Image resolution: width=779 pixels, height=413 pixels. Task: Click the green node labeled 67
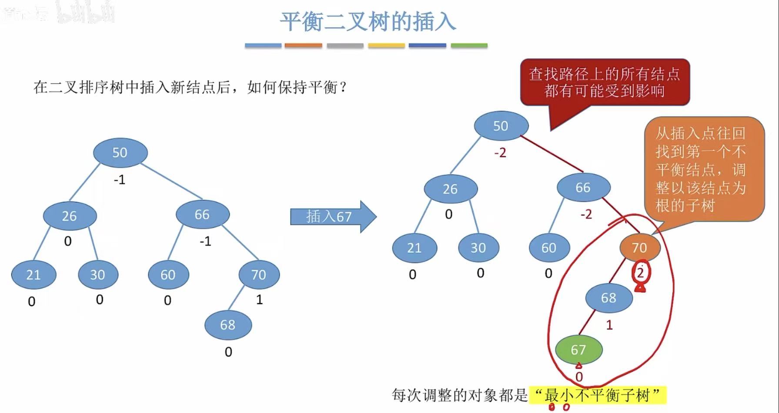click(578, 350)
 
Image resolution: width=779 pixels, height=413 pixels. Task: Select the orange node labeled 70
click(639, 248)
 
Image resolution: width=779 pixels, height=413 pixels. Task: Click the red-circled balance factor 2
click(640, 273)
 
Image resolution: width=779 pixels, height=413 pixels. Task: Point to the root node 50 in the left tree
click(120, 152)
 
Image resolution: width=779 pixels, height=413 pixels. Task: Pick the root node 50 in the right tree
click(501, 126)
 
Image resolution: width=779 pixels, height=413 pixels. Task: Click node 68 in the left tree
click(228, 324)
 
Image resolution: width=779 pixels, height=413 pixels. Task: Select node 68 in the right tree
click(608, 298)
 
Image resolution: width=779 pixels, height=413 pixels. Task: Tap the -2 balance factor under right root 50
click(500, 153)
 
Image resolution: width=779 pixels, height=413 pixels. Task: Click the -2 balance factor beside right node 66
click(586, 214)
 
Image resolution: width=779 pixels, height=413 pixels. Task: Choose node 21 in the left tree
click(33, 274)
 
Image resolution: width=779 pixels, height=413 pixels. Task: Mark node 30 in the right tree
click(478, 248)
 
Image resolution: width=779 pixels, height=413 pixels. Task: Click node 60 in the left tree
click(168, 274)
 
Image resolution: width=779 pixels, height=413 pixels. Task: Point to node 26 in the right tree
click(450, 189)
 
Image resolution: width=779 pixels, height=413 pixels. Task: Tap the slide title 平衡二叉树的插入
click(368, 22)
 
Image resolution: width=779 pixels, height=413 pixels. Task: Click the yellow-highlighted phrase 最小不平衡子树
click(598, 395)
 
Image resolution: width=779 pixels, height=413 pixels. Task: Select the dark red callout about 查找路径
click(605, 82)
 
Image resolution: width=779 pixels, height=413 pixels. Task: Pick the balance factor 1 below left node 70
click(259, 300)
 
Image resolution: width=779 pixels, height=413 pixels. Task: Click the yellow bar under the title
click(386, 45)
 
